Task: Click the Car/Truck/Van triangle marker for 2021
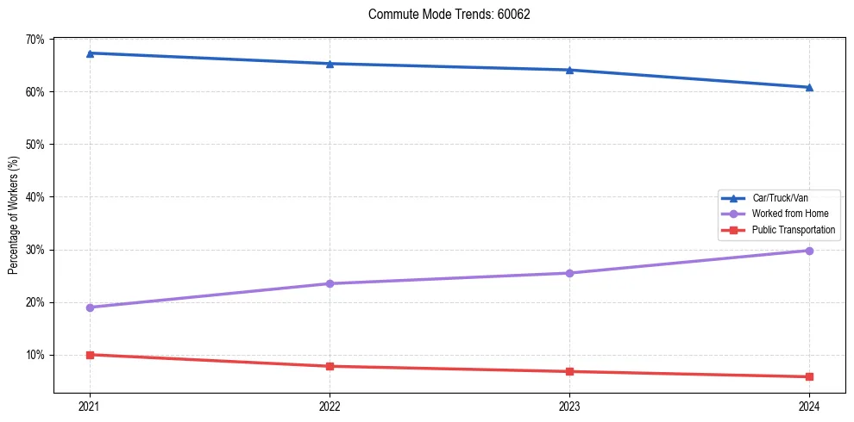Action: [x=90, y=53]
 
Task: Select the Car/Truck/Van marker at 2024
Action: [x=809, y=87]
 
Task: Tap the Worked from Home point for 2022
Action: [x=330, y=283]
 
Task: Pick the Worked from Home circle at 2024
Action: [x=809, y=251]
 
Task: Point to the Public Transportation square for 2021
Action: [x=90, y=355]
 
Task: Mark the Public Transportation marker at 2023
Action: [x=569, y=371]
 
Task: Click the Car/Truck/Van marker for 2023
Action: [x=569, y=70]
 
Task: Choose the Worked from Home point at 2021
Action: [x=90, y=307]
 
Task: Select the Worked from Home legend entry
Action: [x=789, y=214]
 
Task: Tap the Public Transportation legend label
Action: [x=793, y=230]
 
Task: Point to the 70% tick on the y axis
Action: [x=35, y=40]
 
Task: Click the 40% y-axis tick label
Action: [x=35, y=197]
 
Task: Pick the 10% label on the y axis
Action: [x=35, y=355]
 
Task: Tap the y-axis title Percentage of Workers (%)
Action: [x=14, y=214]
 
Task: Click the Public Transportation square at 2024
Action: [x=809, y=376]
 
